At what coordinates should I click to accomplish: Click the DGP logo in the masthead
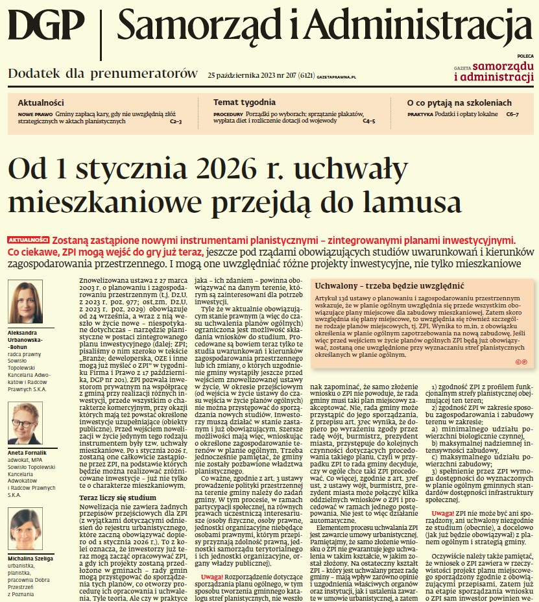coord(47,28)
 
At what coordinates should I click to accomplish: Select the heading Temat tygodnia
coord(244,102)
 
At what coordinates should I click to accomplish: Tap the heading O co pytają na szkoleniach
coord(459,102)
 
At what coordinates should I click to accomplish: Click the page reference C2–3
coord(176,121)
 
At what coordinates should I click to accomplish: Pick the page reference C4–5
coord(368,121)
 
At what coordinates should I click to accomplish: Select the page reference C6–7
coord(512,114)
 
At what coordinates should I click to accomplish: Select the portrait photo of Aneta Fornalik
coord(25,423)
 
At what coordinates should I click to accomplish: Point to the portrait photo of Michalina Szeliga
coord(25,530)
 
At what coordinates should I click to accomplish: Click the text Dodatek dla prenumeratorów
coord(102,73)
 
